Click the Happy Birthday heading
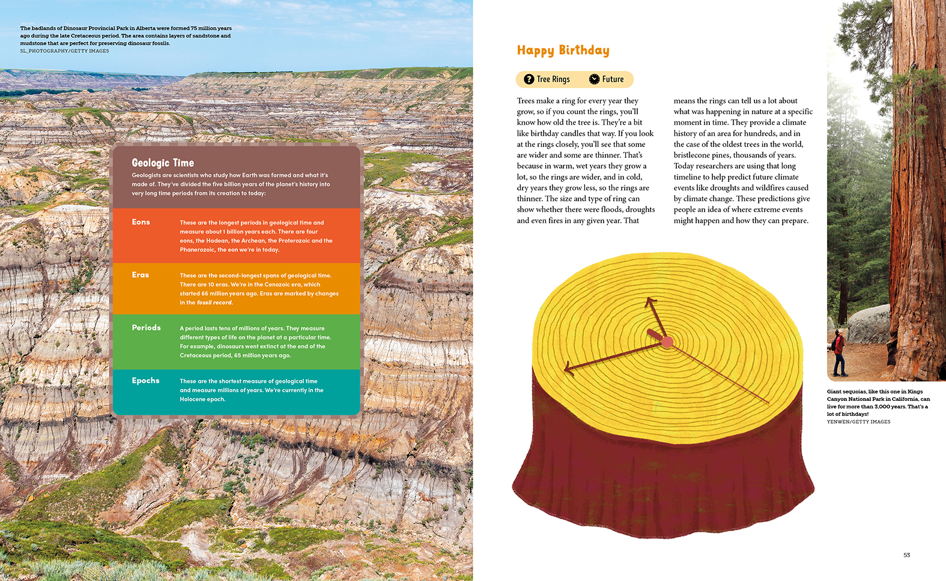pyautogui.click(x=563, y=50)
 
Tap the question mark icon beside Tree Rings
pyautogui.click(x=529, y=79)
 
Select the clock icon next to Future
pyautogui.click(x=594, y=79)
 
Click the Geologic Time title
pyautogui.click(x=163, y=163)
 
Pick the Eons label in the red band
pyautogui.click(x=141, y=222)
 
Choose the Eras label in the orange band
pyautogui.click(x=141, y=275)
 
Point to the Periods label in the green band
pyautogui.click(x=146, y=328)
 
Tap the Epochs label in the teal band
pyautogui.click(x=145, y=381)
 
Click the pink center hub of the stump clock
pyautogui.click(x=667, y=342)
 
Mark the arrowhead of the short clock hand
pyautogui.click(x=649, y=302)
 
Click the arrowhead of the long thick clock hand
pyautogui.click(x=568, y=369)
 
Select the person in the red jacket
pyautogui.click(x=838, y=351)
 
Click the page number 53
pyautogui.click(x=906, y=555)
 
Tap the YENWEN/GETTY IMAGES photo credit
pyautogui.click(x=858, y=422)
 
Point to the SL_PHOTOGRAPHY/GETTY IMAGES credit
pyautogui.click(x=64, y=51)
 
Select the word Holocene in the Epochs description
pyautogui.click(x=193, y=399)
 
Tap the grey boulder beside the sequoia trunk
pyautogui.click(x=869, y=324)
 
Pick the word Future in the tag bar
pyautogui.click(x=613, y=79)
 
